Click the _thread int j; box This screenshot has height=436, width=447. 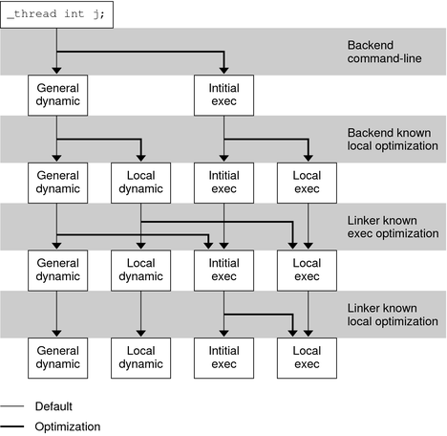[x=56, y=13]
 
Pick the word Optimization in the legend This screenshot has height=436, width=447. [x=68, y=426]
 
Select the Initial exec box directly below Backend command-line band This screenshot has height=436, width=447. [x=223, y=97]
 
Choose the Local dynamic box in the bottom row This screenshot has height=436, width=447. [x=140, y=357]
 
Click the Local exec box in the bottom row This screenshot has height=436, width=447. [x=307, y=357]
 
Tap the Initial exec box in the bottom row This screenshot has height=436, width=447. [x=223, y=357]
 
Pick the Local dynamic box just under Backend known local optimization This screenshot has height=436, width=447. [x=140, y=183]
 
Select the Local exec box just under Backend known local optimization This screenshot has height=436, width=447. [x=307, y=183]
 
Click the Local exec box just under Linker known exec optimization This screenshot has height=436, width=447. [x=307, y=270]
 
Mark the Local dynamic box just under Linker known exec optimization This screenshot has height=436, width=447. [x=140, y=270]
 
